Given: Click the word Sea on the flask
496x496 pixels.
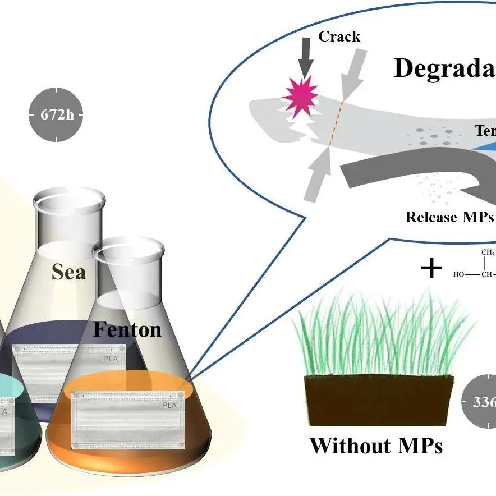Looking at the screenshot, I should point(68,272).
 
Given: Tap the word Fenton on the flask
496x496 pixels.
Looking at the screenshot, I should point(127,329).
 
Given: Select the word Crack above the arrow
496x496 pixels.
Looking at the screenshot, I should point(339,37).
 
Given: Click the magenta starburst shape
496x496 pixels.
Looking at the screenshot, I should point(297,97).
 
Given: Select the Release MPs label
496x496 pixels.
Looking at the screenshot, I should point(447,217).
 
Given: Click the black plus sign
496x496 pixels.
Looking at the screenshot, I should point(431,269).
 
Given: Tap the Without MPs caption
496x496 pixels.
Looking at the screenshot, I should point(376,446).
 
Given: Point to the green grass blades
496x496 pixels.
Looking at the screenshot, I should point(382,337).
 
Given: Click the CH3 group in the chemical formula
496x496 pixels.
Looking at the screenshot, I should point(488,253).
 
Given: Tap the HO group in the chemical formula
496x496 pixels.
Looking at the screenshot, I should point(460,274).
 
